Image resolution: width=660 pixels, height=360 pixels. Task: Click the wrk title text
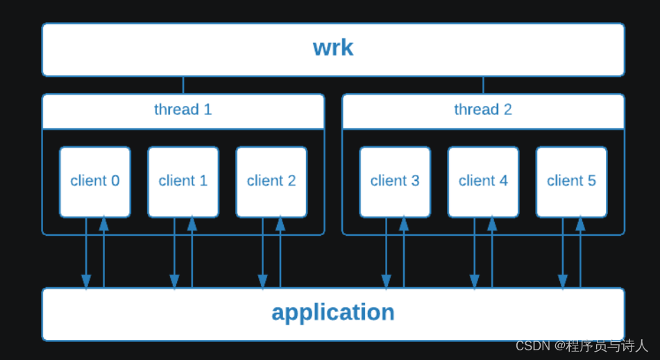[x=333, y=48]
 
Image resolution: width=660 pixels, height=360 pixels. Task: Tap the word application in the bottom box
[x=333, y=313]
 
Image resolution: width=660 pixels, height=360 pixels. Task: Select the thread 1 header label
[x=183, y=110]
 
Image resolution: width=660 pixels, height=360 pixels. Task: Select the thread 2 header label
[x=483, y=110]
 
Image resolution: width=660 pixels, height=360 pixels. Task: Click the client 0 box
[x=95, y=181]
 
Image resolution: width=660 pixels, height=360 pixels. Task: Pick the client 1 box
[x=183, y=181]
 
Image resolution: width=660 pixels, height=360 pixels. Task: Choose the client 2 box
[x=271, y=181]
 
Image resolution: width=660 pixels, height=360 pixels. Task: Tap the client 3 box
[x=395, y=181]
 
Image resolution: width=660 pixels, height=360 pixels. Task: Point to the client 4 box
[x=483, y=181]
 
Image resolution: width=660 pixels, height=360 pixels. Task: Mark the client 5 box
[x=571, y=181]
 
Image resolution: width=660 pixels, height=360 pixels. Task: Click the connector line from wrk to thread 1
[x=183, y=85]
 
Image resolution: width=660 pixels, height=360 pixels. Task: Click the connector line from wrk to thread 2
[x=483, y=85]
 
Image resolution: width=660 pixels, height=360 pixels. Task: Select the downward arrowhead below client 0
[x=86, y=282]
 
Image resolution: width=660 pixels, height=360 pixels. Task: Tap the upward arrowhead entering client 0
[x=104, y=224]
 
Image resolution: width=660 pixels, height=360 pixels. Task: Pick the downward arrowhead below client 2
[x=262, y=282]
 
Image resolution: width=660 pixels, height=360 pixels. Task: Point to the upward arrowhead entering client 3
[x=404, y=224]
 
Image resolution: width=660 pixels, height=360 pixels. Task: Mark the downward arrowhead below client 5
[x=563, y=282]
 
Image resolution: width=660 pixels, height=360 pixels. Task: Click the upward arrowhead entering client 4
[x=492, y=224]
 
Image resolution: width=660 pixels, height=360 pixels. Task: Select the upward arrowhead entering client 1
[x=192, y=224]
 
